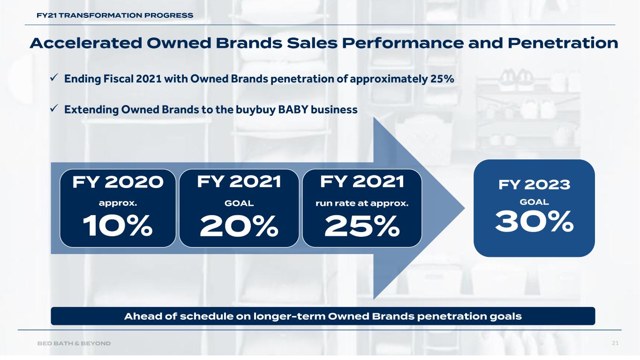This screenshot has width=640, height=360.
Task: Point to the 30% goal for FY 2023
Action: (534, 221)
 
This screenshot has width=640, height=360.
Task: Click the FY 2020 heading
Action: (118, 182)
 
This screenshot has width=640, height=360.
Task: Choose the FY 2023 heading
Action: (534, 185)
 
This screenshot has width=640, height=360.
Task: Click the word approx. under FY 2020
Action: (118, 204)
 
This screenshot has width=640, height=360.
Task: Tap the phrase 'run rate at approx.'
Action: (362, 204)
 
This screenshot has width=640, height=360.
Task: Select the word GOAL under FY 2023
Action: (534, 202)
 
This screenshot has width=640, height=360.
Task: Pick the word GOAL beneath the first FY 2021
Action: (239, 204)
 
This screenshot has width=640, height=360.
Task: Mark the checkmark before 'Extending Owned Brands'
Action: (53, 109)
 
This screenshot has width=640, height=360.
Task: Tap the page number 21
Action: (615, 344)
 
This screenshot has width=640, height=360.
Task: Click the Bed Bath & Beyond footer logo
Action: (74, 344)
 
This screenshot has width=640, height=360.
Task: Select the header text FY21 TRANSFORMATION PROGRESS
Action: (115, 15)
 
